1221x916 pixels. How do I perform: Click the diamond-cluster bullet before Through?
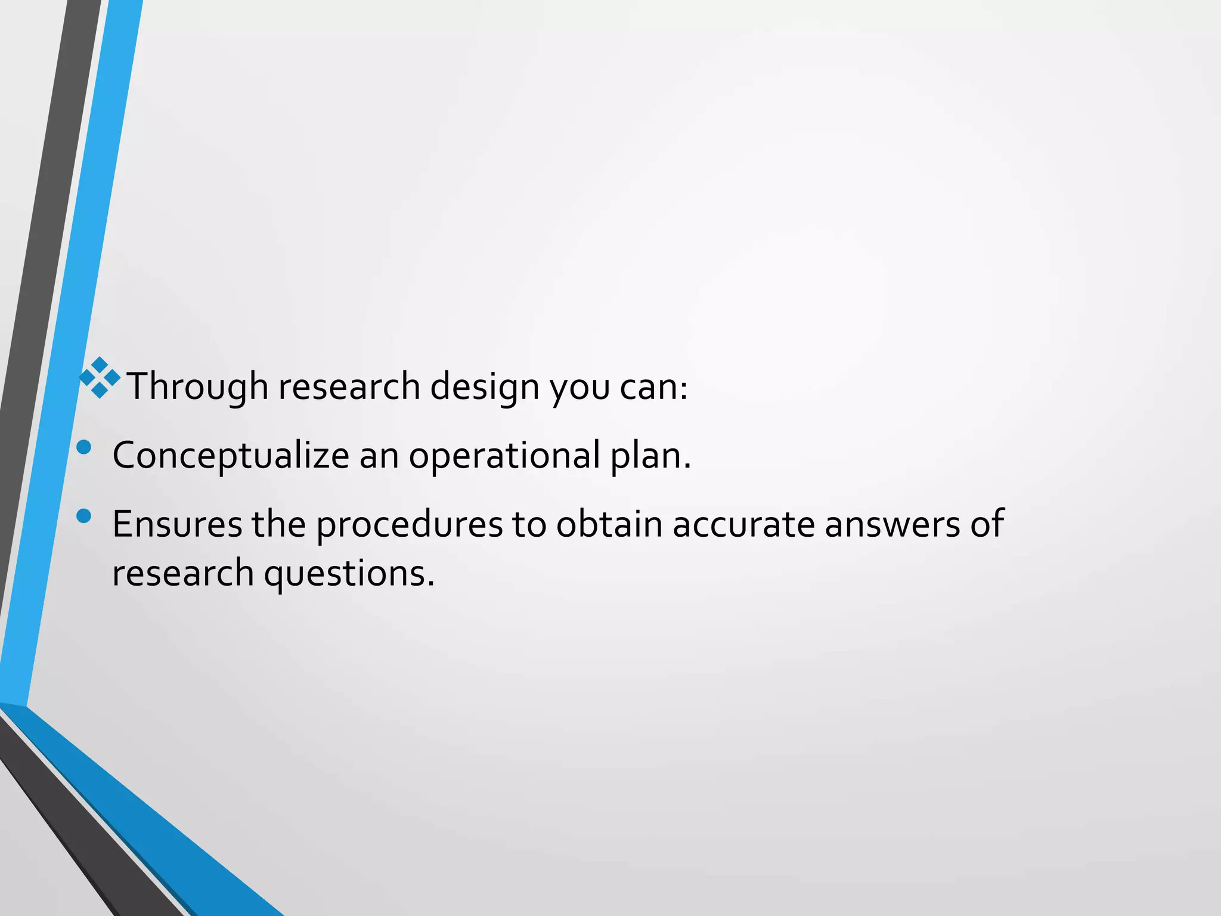coord(100,378)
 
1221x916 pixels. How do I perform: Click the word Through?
coord(198,386)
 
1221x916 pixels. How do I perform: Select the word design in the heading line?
coord(485,386)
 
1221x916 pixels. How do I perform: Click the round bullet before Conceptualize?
coord(84,447)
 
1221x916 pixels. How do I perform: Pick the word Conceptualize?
coord(231,456)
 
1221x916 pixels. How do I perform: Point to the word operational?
coord(504,456)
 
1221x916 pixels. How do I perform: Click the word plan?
coord(650,456)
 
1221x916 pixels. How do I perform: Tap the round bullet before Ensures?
coord(84,516)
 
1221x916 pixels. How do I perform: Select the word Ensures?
coord(177,524)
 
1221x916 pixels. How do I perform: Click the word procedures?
coord(409,524)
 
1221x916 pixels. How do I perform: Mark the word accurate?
coord(743,524)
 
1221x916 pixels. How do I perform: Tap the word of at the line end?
coord(987,524)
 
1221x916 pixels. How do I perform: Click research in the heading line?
coord(349,386)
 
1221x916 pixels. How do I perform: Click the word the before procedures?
coord(278,524)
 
